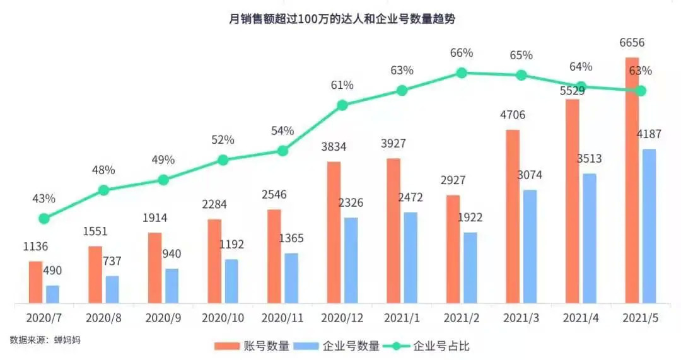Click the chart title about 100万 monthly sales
point(341,18)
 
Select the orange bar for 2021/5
point(632,183)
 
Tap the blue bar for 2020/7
point(52,294)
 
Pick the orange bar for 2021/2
point(453,250)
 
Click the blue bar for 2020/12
point(351,260)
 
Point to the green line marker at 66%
point(462,73)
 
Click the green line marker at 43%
point(44,219)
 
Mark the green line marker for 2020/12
point(342,105)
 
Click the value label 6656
point(632,43)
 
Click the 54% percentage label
point(282,131)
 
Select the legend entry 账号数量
point(252,345)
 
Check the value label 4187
point(648,134)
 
